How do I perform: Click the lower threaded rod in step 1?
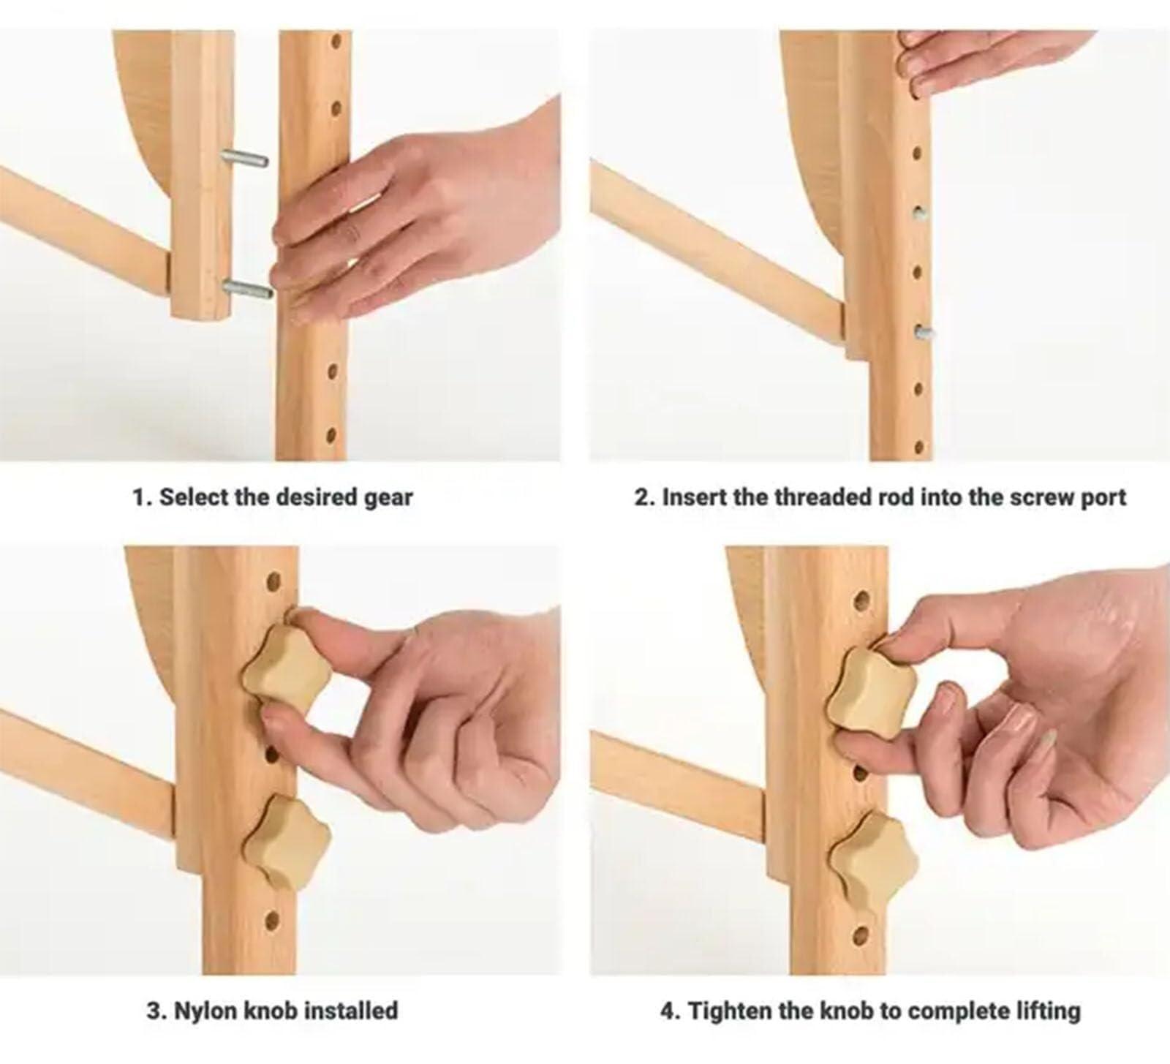point(248,289)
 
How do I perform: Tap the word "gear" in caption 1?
point(388,497)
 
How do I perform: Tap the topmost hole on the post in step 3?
point(273,583)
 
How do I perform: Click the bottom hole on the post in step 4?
point(861,935)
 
